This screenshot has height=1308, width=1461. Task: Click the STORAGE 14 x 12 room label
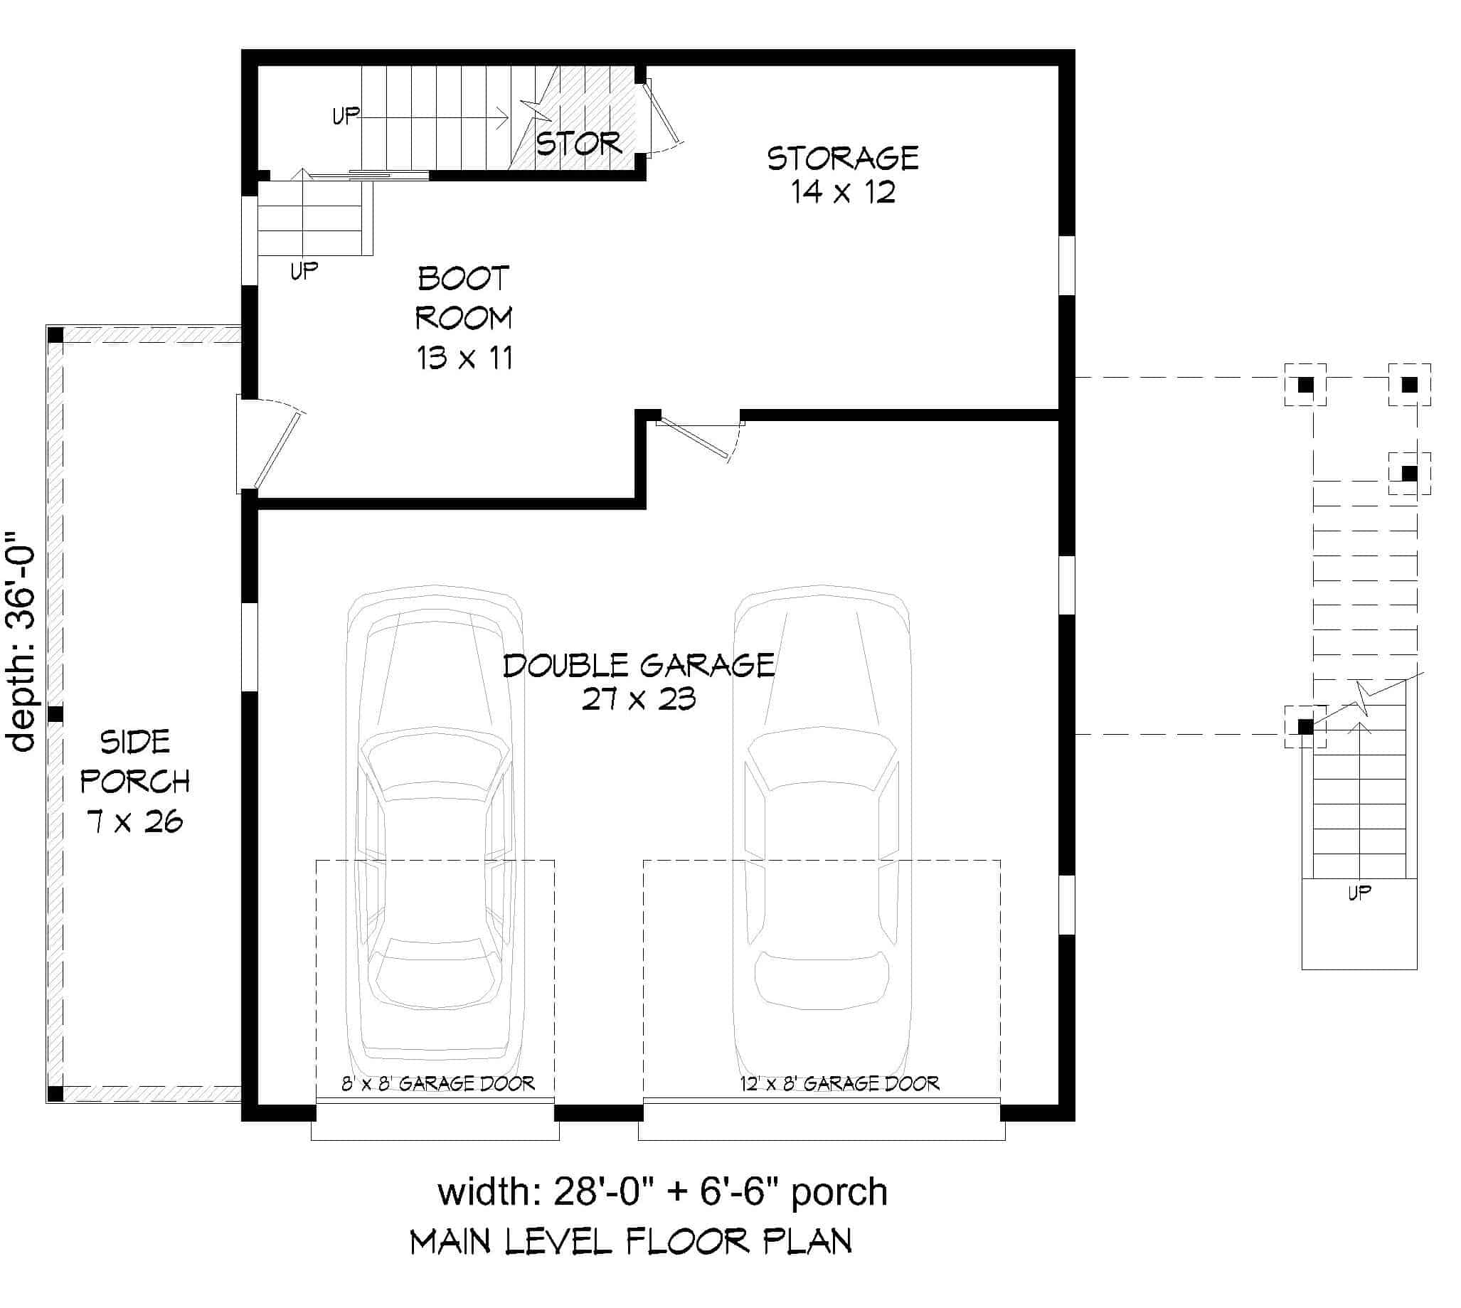[x=842, y=175]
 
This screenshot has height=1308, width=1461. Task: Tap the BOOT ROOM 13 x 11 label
[x=464, y=318]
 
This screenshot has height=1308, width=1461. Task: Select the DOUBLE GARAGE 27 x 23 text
[x=638, y=681]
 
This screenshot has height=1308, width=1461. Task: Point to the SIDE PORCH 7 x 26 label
[x=135, y=780]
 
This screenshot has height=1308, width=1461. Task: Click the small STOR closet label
[x=578, y=144]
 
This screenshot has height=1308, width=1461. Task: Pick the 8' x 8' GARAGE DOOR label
[x=437, y=1083]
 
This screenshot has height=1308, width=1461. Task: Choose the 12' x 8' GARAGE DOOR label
[x=839, y=1083]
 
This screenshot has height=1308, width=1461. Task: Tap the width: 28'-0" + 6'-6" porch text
[x=662, y=1191]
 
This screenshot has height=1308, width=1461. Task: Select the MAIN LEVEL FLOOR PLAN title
[x=630, y=1242]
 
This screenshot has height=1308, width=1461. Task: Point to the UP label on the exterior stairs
[x=1359, y=893]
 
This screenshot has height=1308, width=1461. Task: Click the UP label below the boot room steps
[x=303, y=271]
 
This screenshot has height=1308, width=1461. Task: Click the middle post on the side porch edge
[x=55, y=714]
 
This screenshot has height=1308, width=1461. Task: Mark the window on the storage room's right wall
[x=1066, y=265]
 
